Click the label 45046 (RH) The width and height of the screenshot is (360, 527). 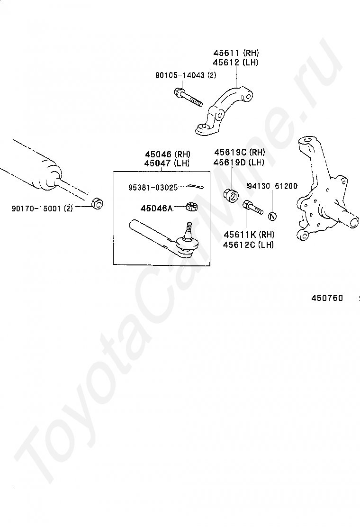coord(167,154)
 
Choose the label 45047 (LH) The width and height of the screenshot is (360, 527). coord(167,163)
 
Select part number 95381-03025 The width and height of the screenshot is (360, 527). coord(153,188)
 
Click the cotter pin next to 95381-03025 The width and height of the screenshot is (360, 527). coord(193,187)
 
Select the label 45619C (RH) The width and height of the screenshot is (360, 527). coord(240,153)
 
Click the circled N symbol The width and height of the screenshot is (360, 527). coord(272,217)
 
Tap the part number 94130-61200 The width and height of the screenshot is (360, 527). coord(272,186)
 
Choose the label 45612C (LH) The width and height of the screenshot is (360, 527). coord(249,245)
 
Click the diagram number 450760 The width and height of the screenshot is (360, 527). coord(327,298)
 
